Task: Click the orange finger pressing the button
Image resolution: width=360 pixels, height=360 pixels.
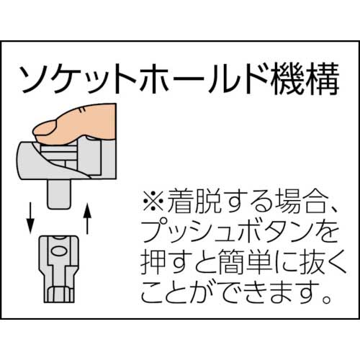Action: coord(86,120)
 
